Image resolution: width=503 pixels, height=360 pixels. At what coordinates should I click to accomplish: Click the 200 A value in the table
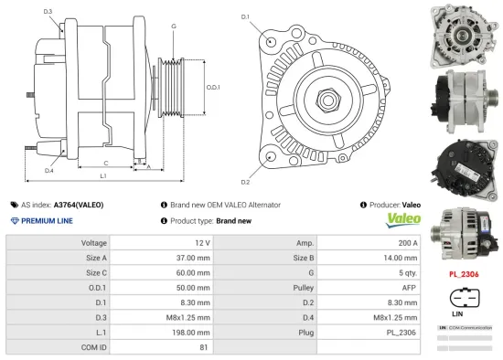[x=407, y=243]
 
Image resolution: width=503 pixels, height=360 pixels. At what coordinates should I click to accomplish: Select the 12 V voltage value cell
[x=202, y=243]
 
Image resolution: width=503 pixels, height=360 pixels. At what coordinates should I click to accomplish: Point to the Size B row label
[x=303, y=258]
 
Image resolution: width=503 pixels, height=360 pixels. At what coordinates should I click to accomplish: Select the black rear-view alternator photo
[x=466, y=165]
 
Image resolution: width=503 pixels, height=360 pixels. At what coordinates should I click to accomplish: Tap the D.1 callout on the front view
[x=245, y=17]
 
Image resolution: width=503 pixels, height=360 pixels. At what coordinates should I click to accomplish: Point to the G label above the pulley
[x=173, y=26]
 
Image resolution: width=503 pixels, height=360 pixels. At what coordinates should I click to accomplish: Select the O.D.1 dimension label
[x=211, y=87]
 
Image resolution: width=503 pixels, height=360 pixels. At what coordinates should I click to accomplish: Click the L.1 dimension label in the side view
[x=103, y=175]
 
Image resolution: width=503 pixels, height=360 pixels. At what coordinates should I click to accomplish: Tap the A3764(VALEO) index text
[x=79, y=205]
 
